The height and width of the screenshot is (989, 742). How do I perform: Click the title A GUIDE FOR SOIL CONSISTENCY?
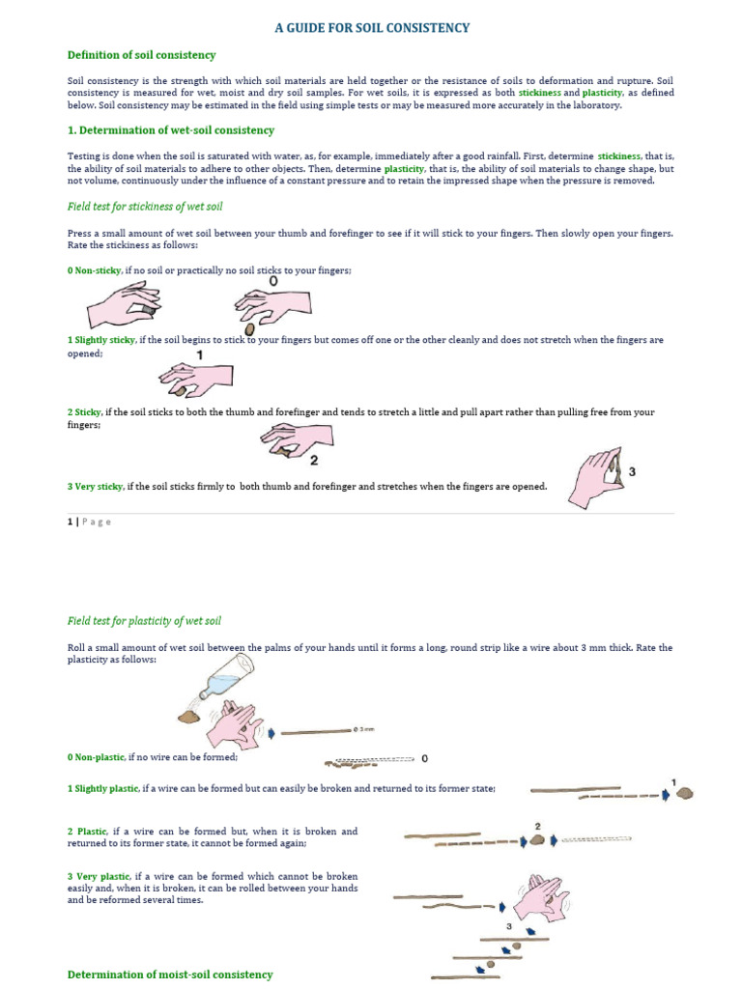click(371, 28)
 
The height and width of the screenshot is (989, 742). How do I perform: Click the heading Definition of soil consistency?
click(141, 55)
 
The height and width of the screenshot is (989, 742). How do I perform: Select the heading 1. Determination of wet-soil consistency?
click(170, 130)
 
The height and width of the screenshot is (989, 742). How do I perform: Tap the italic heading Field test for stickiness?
click(146, 206)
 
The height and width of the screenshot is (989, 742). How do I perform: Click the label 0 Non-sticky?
click(95, 271)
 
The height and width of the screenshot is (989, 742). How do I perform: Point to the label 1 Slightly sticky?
click(101, 340)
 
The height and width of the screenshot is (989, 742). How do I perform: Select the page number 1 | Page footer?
click(89, 522)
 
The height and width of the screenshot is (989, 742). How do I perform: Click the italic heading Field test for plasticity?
click(144, 620)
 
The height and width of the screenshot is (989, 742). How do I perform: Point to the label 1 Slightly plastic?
click(103, 789)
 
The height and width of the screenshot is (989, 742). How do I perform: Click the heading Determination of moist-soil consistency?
click(170, 975)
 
